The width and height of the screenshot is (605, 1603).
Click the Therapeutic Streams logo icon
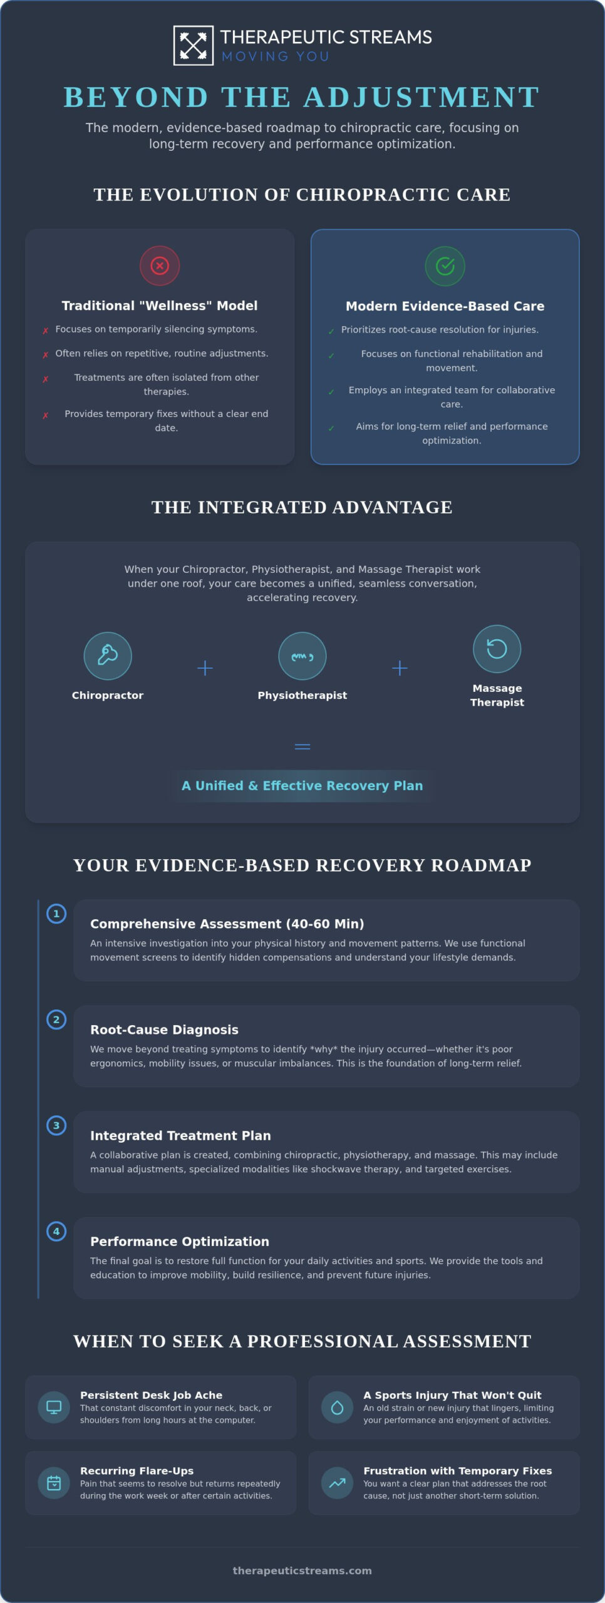point(193,45)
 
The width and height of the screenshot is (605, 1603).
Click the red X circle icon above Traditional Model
point(160,265)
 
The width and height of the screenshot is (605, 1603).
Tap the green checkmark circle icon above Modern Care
point(445,266)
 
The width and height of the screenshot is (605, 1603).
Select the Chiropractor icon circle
point(108,656)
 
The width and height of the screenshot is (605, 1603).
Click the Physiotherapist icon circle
point(302,656)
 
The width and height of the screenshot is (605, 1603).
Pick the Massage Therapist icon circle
point(497,649)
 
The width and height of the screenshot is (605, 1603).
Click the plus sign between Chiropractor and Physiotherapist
point(205,667)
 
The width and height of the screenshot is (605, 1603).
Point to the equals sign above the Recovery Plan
point(302,746)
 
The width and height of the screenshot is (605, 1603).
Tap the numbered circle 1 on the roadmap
point(56,914)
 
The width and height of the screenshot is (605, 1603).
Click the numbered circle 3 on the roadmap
point(56,1125)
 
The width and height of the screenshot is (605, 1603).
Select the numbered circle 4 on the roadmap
point(56,1231)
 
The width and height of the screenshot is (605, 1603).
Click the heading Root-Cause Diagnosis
point(164,1029)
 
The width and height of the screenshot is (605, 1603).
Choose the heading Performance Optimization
point(180,1241)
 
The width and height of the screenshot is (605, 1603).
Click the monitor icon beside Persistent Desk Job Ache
point(54,1407)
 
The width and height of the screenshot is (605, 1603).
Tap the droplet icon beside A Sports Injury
point(337,1407)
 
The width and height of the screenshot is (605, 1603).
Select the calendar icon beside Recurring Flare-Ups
point(54,1482)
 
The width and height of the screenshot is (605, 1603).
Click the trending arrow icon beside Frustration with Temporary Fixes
point(337,1482)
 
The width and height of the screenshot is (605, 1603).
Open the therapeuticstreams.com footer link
point(302,1570)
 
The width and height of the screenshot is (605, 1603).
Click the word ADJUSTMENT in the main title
point(421,97)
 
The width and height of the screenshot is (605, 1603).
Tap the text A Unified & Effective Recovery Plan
point(302,785)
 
